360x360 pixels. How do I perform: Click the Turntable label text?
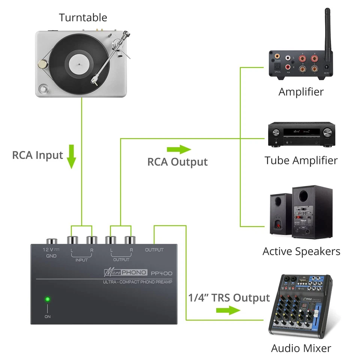[x=83, y=18]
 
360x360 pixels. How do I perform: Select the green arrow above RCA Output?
[x=178, y=150]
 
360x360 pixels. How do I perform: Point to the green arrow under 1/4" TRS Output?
[x=228, y=310]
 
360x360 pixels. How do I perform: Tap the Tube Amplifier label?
[x=301, y=160]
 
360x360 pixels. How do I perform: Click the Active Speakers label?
[x=301, y=251]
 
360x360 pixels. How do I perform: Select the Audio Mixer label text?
[x=301, y=348]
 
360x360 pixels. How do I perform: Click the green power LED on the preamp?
[x=48, y=299]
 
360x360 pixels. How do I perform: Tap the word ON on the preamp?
[x=48, y=316]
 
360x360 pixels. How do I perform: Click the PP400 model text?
[x=162, y=273]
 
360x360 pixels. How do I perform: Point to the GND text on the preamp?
[x=51, y=256]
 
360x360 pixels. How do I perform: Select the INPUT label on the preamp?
[x=81, y=259]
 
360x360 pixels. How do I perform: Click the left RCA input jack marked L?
[x=72, y=240]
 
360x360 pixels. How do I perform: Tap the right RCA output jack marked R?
[x=130, y=240]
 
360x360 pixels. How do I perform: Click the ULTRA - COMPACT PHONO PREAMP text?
[x=138, y=282]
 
